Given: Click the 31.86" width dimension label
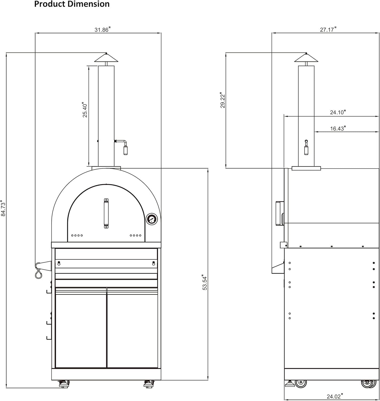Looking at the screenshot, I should point(102,30).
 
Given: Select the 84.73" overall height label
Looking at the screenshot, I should point(3,208).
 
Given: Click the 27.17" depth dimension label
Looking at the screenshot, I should point(328,29).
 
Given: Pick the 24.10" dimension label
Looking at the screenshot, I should point(338,112).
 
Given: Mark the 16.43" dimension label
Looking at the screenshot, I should point(338,129).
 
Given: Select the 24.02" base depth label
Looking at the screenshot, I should point(335,396).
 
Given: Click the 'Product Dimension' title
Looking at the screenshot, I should point(72,4).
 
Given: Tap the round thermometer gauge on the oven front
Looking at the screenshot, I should point(152,219).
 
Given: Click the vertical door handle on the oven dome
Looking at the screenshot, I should point(106,213).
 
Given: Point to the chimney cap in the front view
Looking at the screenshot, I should point(106,58).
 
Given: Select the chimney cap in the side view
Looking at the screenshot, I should point(306,58).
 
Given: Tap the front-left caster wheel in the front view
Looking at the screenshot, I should point(64,384).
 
